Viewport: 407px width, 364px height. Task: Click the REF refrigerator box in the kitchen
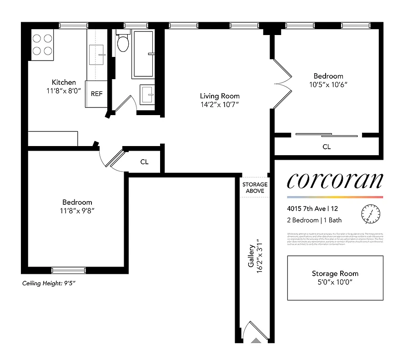96,94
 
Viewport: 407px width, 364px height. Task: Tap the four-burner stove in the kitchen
42,45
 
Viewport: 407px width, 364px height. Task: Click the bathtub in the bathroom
143,54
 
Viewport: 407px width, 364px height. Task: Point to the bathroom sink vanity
147,94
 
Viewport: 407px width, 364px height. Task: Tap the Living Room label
220,96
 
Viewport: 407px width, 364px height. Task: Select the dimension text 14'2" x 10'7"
220,105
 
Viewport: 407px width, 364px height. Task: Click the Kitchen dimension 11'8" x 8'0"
64,91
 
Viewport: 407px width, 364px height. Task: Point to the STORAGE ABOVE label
255,187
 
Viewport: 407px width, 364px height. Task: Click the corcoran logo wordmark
335,181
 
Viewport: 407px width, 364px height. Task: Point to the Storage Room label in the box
335,273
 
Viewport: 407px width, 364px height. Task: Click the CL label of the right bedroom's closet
327,147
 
